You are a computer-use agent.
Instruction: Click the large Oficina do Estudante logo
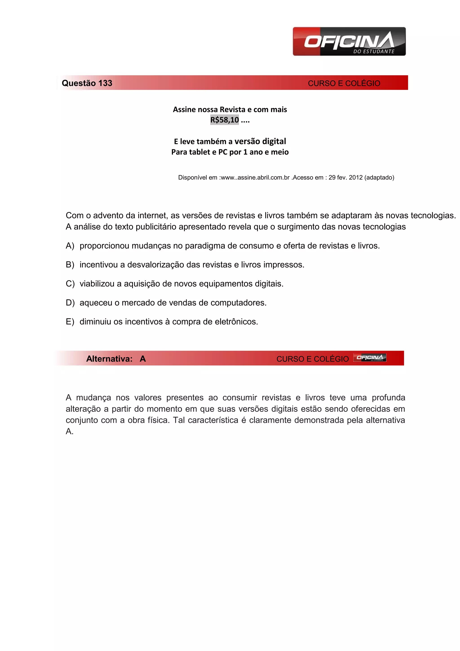349,41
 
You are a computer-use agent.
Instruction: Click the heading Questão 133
87,83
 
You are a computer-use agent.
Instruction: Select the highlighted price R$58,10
224,120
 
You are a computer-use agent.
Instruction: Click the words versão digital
260,141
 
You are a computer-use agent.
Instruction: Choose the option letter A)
70,245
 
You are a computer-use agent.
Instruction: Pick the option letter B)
70,265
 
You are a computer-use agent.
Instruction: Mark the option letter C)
70,283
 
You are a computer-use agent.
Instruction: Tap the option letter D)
70,303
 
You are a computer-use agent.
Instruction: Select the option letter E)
70,321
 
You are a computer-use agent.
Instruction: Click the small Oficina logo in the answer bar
370,358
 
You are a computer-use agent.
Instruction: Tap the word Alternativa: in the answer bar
109,359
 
